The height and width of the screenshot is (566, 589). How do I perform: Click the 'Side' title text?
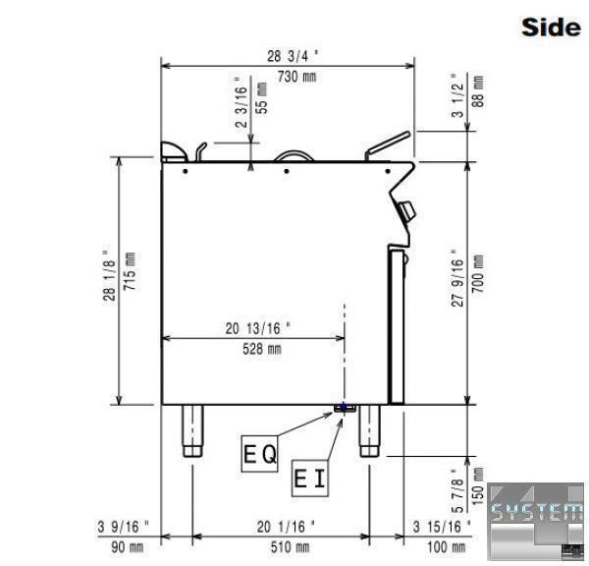(x=551, y=28)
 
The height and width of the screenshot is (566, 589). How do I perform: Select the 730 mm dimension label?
(x=296, y=77)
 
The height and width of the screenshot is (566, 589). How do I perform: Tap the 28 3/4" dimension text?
(x=293, y=56)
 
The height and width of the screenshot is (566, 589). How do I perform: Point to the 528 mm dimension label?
(x=261, y=349)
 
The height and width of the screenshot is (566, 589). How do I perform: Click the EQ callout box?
(x=259, y=454)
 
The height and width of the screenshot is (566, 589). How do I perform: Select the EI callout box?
(x=310, y=478)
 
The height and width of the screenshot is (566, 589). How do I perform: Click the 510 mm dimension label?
(x=290, y=547)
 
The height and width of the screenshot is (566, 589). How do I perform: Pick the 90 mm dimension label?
(x=127, y=547)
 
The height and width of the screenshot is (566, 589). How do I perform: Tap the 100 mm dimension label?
(x=446, y=547)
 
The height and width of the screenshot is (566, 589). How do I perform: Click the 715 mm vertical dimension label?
(x=130, y=271)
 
